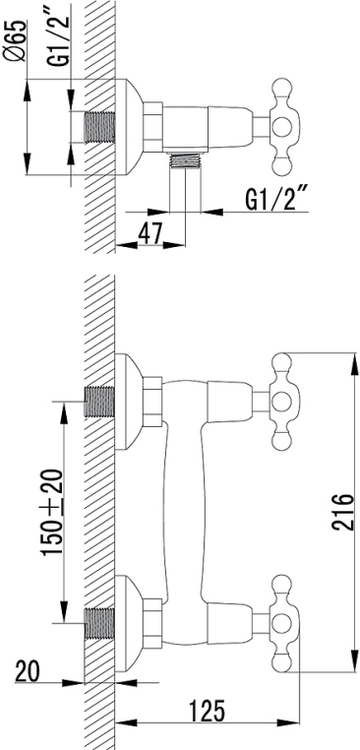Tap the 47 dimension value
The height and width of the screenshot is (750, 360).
150,233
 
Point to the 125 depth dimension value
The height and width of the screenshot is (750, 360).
206,711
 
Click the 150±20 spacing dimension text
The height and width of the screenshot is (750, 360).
52,512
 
